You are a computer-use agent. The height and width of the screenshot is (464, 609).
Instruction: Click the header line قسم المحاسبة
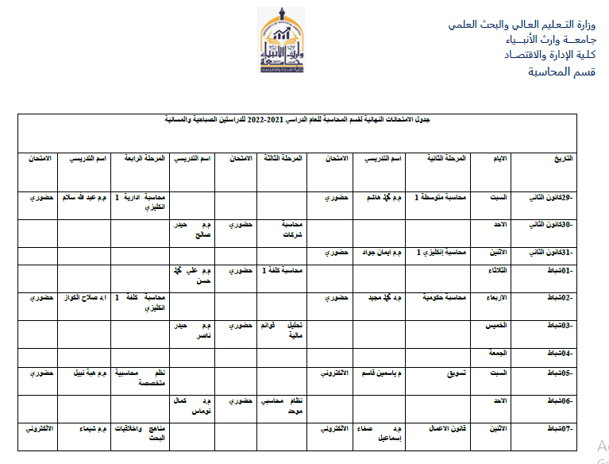561,72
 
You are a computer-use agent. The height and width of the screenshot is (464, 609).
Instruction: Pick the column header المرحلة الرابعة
144,159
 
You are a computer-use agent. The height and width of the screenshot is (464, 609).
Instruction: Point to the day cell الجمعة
496,352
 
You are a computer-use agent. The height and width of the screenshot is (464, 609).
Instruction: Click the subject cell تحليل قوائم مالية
285,331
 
